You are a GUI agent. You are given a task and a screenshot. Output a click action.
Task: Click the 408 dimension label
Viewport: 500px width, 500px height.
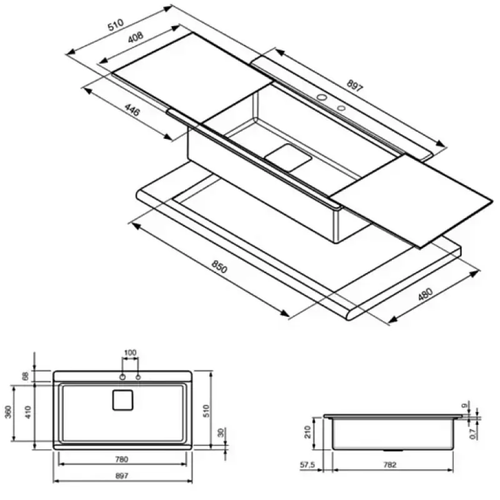(136, 37)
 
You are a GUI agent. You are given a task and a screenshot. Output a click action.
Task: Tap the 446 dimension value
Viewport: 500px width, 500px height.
(132, 110)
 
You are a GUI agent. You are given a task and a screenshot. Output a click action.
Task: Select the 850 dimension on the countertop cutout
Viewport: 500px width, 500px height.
(219, 267)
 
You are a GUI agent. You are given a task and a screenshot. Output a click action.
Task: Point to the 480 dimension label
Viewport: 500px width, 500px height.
(426, 294)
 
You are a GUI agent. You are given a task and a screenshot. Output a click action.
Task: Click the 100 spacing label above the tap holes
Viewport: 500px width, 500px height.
(130, 352)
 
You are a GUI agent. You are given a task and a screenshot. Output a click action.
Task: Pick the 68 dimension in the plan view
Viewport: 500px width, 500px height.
(25, 376)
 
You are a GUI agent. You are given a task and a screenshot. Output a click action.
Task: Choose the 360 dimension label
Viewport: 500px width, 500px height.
(9, 411)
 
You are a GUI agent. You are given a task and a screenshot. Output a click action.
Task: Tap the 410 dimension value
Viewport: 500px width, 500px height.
(28, 412)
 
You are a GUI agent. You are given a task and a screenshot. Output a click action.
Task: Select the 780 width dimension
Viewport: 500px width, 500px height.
(121, 459)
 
